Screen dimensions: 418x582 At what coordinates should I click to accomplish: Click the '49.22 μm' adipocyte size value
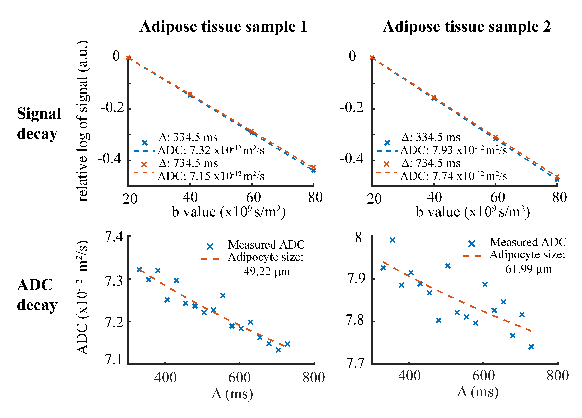[267, 271]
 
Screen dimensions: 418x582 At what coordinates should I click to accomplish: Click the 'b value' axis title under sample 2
[473, 212]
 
